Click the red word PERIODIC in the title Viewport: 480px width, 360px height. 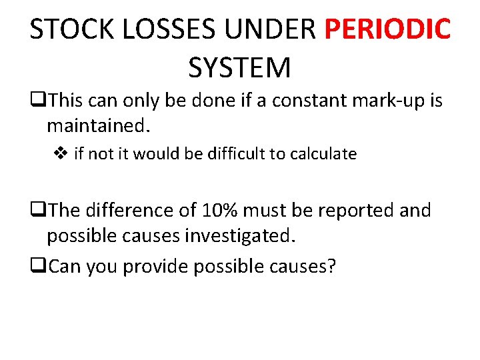point(387,30)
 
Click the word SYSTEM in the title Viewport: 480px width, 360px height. point(239,68)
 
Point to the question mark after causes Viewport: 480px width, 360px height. point(331,267)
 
